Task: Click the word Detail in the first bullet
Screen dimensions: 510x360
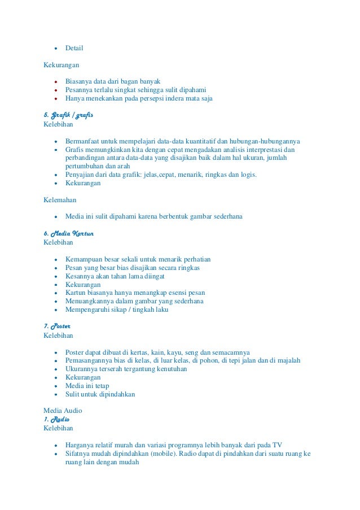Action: (74, 47)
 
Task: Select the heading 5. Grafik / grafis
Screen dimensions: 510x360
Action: (68, 115)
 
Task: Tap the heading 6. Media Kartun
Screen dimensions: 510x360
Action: (69, 233)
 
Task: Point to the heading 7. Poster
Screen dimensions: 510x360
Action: (57, 326)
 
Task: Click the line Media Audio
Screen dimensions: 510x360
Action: (63, 411)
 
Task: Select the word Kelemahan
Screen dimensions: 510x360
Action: (60, 199)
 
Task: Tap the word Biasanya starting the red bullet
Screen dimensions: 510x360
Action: (78, 81)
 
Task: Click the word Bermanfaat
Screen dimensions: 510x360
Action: (84, 141)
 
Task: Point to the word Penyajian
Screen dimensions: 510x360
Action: (80, 175)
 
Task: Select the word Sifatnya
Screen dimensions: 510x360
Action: (78, 453)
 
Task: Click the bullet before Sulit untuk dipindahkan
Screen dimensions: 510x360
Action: (55, 394)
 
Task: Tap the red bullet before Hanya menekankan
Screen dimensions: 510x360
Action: (55, 98)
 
